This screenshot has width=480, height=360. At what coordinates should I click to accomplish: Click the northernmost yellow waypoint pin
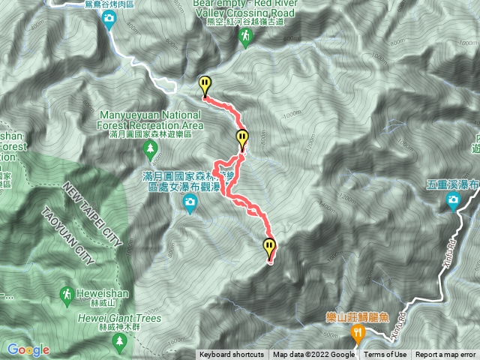[x=205, y=85]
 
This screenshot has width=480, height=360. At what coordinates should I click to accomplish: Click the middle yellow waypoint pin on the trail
[x=241, y=138]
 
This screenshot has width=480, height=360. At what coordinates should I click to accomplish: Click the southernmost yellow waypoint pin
[x=269, y=246]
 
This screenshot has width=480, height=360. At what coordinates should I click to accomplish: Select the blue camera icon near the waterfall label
[x=190, y=201]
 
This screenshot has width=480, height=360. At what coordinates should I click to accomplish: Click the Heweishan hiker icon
[x=67, y=293]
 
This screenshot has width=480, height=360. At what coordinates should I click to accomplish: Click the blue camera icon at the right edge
[x=454, y=199]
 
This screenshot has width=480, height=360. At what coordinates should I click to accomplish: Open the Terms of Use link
[x=386, y=355]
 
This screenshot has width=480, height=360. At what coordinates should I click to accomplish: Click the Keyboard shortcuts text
[x=231, y=355]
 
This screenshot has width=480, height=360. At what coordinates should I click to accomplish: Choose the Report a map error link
[x=446, y=355]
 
